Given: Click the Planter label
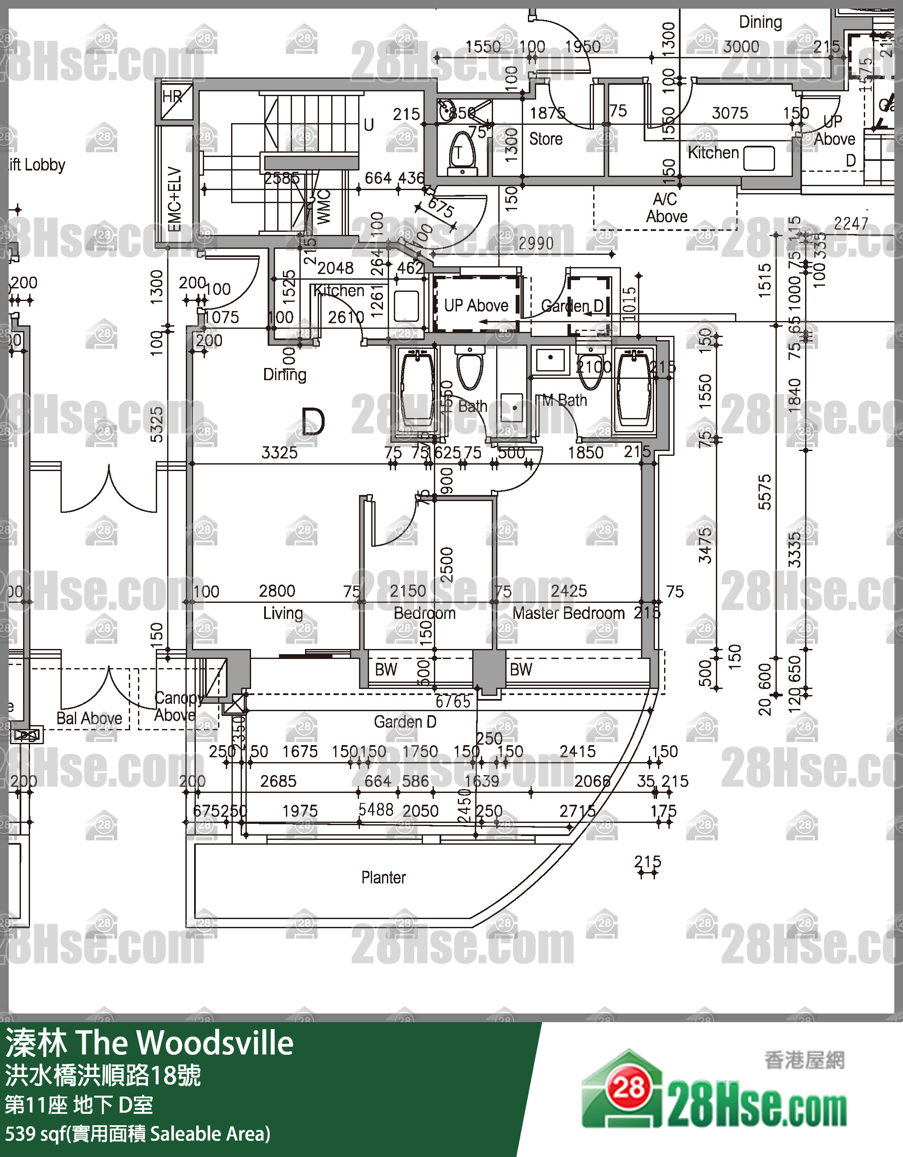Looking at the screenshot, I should tap(383, 878).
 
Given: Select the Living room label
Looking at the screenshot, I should tap(283, 613).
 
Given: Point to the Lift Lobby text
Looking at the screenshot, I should tap(37, 165).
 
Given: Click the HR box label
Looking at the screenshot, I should tap(172, 97).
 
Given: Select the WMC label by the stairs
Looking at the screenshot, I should tap(323, 207).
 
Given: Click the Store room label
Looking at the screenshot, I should tap(545, 139).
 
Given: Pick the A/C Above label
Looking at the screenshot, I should tap(666, 207).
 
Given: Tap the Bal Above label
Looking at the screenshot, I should tap(89, 719).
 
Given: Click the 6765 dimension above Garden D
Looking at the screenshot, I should tap(453, 702).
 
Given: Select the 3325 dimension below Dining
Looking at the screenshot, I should tap(279, 453).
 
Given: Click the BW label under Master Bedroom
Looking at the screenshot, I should tap(520, 669).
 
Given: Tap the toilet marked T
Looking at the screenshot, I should tap(459, 153).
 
